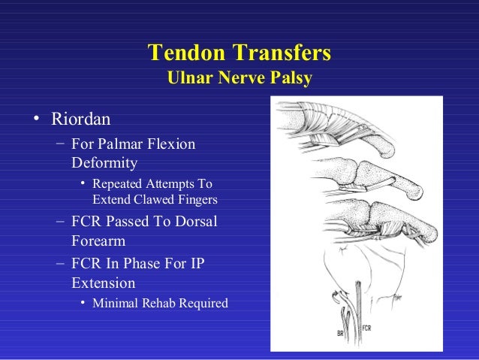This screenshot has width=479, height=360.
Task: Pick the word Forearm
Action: point(98,242)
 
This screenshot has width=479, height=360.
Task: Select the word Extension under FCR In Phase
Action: point(104,283)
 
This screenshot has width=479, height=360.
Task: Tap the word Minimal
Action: point(116,304)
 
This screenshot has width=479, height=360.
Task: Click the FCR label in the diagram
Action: point(367,328)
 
